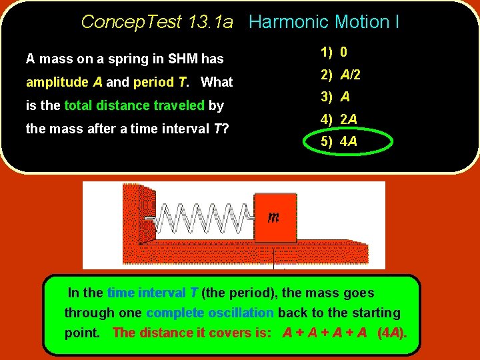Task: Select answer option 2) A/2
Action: (x=341, y=75)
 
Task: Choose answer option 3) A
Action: (x=335, y=97)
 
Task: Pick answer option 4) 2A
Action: (x=339, y=119)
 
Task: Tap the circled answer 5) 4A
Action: (x=339, y=142)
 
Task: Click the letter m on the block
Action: (x=273, y=217)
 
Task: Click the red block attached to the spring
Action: (x=275, y=217)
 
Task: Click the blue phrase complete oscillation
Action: (x=210, y=313)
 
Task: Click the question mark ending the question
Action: (x=225, y=129)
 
